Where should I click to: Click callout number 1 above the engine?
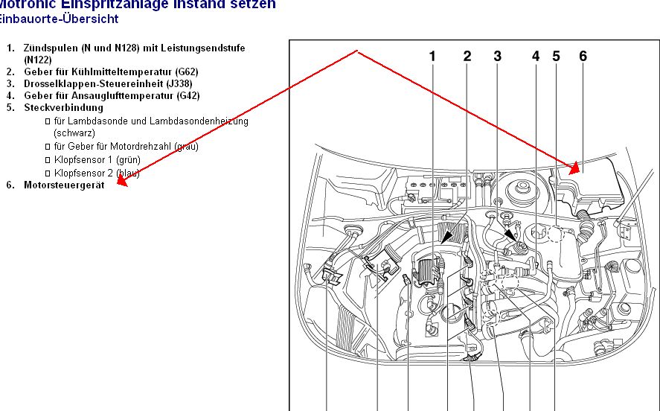point(432,57)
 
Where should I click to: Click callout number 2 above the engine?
point(467,57)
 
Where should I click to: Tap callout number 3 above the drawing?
point(497,57)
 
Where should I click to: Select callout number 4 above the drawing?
point(536,57)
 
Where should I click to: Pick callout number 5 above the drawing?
point(556,57)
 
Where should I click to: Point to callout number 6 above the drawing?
point(583,57)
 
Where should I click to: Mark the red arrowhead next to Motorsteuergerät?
point(122,182)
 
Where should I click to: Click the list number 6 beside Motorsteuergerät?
point(10,184)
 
